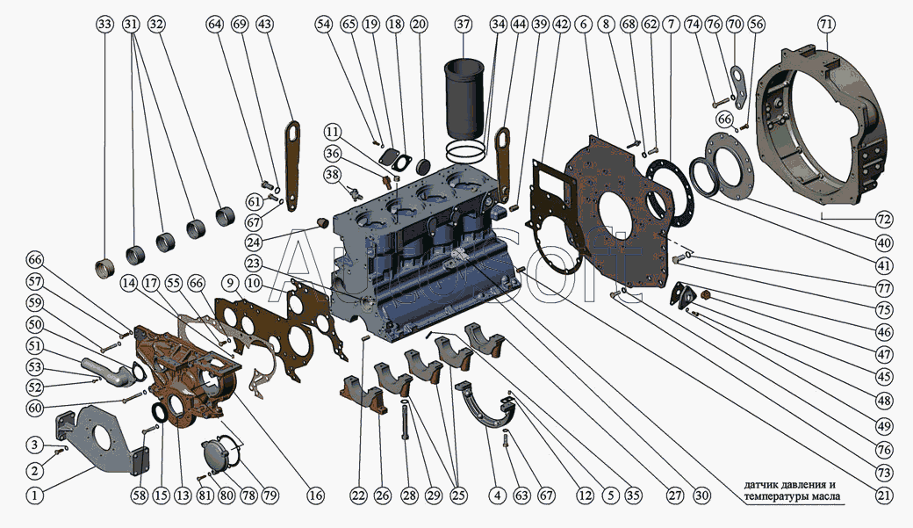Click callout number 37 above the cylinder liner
pos(464,25)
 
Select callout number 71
pos(826,25)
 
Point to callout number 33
pos(104,25)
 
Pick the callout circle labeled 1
pos(35,495)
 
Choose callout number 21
pos(884,495)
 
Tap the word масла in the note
pos(826,497)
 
